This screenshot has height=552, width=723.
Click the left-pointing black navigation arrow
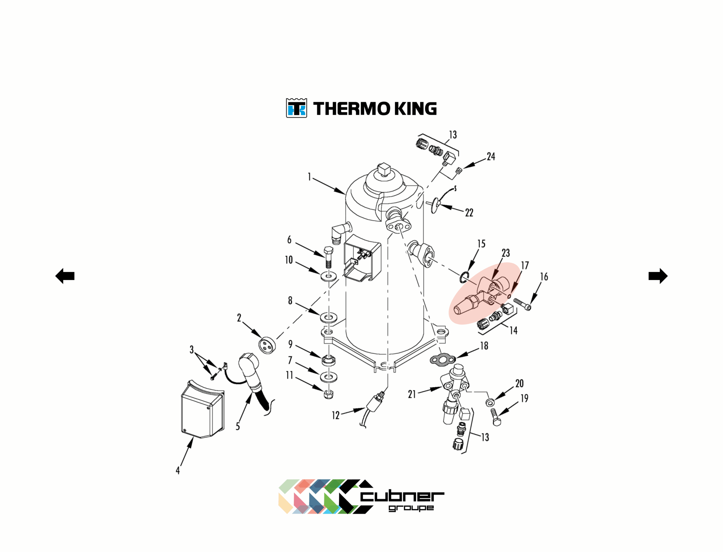click(65, 276)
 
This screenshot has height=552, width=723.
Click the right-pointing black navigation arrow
click(658, 276)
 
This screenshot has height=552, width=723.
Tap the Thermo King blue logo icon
click(297, 108)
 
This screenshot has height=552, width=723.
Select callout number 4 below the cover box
click(178, 471)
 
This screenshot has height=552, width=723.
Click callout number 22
click(469, 213)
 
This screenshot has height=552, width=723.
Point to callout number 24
click(491, 156)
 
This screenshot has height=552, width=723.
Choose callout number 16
click(544, 277)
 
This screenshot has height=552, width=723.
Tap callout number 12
click(336, 415)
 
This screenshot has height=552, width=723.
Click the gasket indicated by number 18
click(443, 360)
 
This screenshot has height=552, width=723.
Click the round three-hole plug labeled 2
click(267, 345)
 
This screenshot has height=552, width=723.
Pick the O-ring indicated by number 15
click(464, 277)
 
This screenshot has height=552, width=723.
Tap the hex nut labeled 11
click(328, 394)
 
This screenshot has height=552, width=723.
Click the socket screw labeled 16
click(522, 304)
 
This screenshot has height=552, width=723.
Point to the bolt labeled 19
click(495, 417)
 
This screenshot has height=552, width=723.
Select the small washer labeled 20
click(490, 402)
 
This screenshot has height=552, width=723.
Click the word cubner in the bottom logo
click(402, 497)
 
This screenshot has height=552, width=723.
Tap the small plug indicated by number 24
click(459, 170)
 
